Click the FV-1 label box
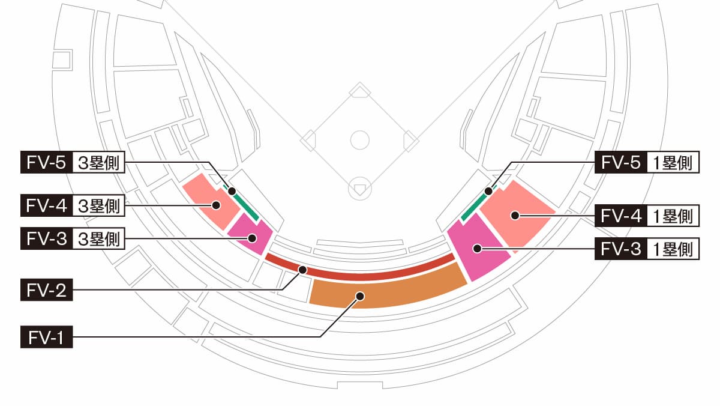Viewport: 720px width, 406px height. [47, 337]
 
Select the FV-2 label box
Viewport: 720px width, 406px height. [47, 290]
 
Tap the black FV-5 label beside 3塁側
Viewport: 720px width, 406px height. [47, 163]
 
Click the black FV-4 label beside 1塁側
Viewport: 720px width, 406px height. [620, 216]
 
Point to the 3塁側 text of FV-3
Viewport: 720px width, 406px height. [98, 238]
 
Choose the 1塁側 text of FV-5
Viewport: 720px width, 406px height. [673, 163]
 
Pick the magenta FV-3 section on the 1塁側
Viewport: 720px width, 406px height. [478, 247]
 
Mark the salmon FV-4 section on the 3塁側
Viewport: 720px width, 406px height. [212, 202]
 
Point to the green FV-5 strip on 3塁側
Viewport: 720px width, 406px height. [242, 204]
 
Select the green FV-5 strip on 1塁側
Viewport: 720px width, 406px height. [478, 204]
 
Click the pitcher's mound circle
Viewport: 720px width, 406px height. [359, 140]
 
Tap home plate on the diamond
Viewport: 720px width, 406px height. [359, 189]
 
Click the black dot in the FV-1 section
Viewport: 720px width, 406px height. [361, 296]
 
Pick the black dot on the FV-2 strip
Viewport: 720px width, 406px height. [302, 270]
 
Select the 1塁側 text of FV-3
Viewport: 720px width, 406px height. [673, 249]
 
